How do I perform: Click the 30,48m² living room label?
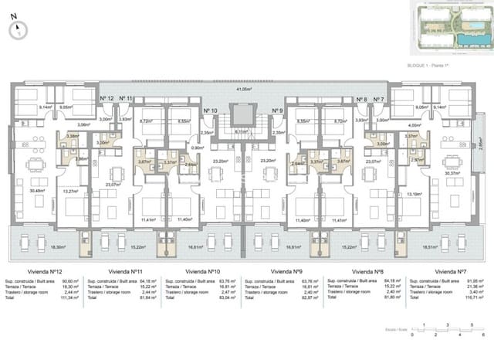[x=36, y=191]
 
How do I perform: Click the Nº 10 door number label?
[x=211, y=111]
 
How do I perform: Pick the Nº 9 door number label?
[x=278, y=111]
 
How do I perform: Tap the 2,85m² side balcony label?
[x=479, y=144]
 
